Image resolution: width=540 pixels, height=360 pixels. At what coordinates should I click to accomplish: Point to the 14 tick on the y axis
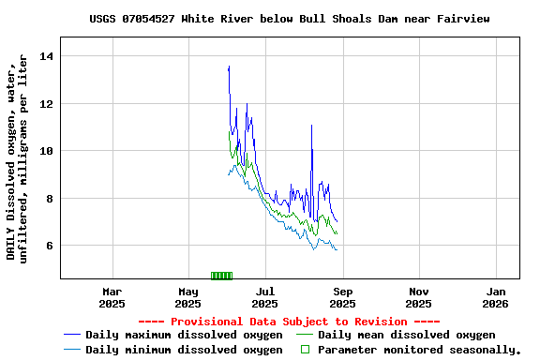click(x=47, y=56)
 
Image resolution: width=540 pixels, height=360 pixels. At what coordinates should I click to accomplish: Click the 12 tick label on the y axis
click(x=47, y=103)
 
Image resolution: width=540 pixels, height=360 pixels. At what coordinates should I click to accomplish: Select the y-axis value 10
click(x=47, y=151)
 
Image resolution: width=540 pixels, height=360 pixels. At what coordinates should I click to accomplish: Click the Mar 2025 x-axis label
click(x=112, y=297)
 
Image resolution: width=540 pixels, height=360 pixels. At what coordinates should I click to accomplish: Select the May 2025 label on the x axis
click(x=188, y=297)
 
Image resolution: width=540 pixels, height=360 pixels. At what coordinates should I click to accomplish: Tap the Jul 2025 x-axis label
click(x=265, y=297)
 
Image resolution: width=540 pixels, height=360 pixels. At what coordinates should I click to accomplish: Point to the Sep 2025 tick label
click(x=342, y=297)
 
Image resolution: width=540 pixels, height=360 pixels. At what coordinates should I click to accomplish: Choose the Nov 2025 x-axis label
click(x=419, y=297)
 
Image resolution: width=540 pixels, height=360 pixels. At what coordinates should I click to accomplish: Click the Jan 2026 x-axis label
click(x=496, y=297)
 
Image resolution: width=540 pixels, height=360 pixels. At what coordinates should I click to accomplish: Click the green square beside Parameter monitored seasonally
click(x=304, y=350)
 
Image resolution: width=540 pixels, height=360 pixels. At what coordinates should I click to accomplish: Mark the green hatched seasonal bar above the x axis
click(x=221, y=276)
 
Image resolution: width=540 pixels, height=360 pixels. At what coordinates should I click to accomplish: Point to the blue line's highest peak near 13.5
click(x=229, y=67)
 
